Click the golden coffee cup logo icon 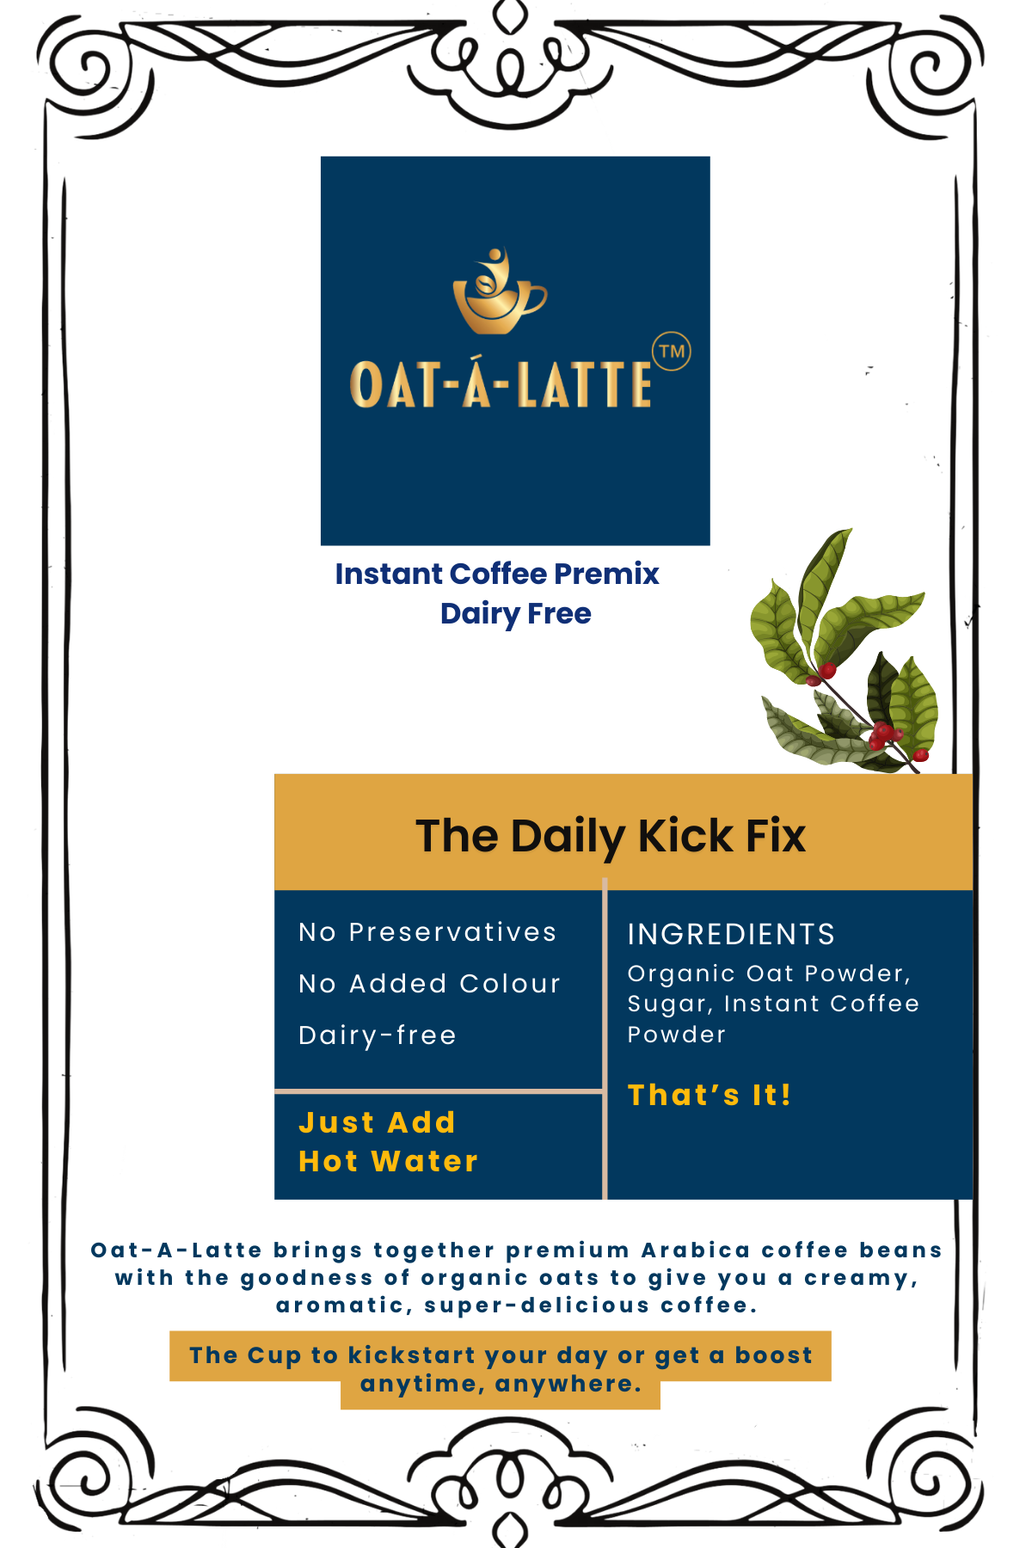499,292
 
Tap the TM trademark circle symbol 672,351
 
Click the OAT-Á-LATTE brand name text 501,384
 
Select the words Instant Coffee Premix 497,574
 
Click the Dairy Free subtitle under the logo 516,614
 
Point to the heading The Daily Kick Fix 611,836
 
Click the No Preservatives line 427,932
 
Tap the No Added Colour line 429,984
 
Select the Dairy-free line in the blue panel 377,1035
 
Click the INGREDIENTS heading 731,934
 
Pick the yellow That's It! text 709,1095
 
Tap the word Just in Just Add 336,1123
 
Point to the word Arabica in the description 695,1250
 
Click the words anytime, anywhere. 501,1385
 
